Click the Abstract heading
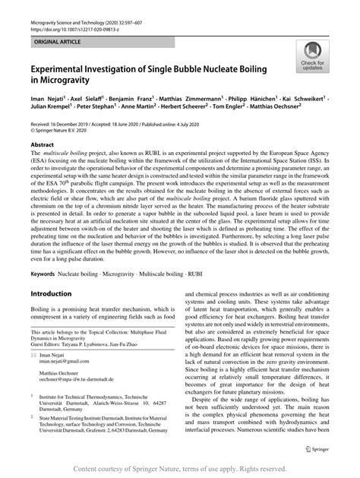tap(43, 143)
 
